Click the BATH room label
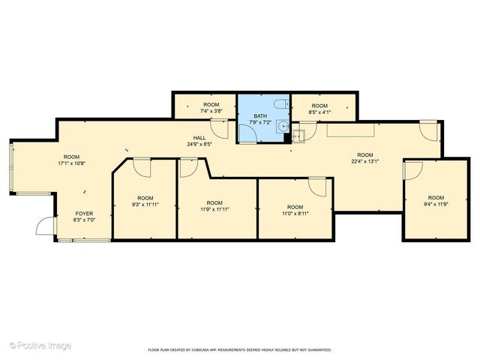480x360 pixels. (260, 116)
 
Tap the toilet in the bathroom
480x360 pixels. (279, 105)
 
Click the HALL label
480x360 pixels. (199, 137)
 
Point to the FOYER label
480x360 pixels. (83, 213)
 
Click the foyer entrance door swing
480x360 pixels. (47, 224)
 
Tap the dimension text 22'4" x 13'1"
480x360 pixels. (367, 160)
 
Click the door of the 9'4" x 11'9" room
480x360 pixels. (412, 170)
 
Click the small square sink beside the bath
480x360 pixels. (298, 136)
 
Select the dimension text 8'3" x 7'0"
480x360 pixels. (83, 220)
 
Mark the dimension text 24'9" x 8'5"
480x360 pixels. (199, 144)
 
